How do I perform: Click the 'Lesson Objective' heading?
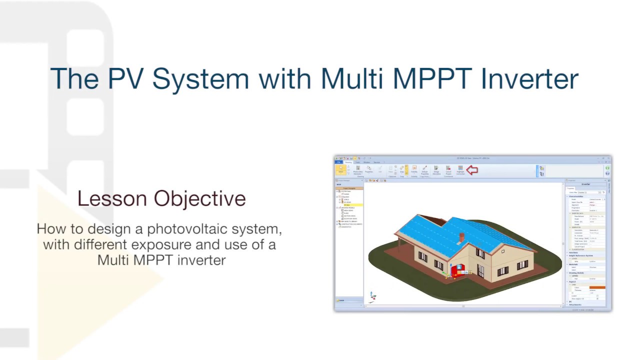(x=161, y=198)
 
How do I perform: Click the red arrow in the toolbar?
(x=471, y=170)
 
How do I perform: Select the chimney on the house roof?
(x=461, y=237)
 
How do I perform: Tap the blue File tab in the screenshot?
(x=338, y=162)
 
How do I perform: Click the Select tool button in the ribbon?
(x=340, y=170)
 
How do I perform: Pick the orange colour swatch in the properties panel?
(x=597, y=287)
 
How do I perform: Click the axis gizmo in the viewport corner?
(x=372, y=296)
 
